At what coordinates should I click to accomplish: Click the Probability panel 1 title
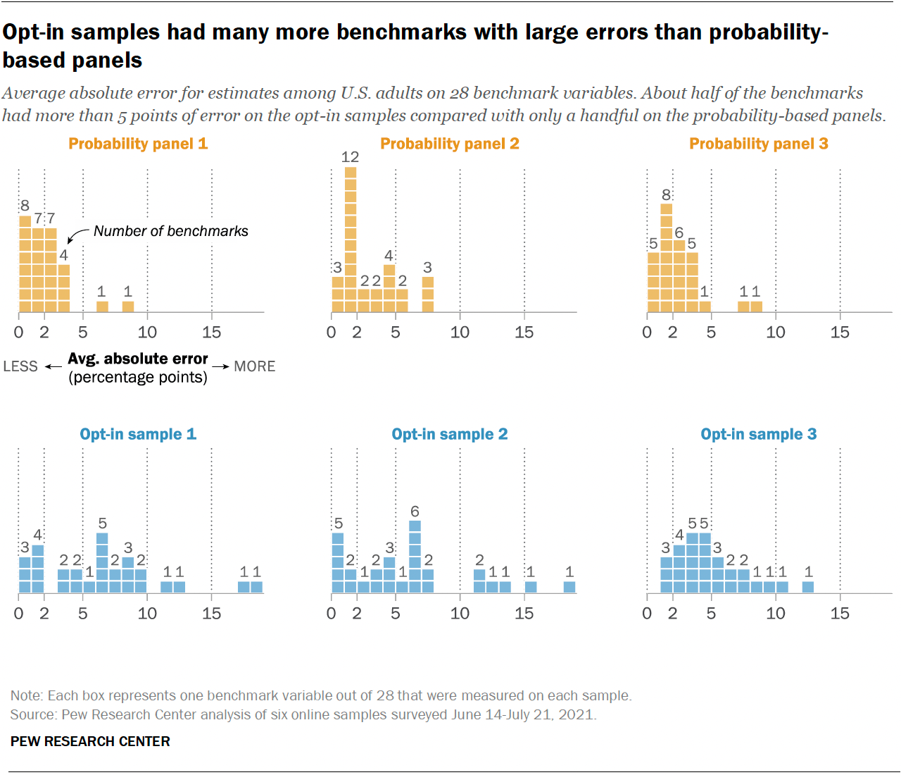coord(138,144)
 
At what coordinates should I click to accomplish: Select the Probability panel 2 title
coord(450,144)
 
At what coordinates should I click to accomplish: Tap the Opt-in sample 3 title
coord(758,434)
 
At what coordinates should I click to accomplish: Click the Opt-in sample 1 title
coord(138,434)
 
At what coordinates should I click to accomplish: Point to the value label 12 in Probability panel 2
coord(350,157)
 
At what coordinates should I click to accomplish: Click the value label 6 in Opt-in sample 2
coord(415,512)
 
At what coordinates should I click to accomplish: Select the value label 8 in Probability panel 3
coord(666,194)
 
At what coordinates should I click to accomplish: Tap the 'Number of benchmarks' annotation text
coord(171,231)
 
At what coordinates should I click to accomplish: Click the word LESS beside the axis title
coord(20,366)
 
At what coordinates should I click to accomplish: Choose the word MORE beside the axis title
coord(254,366)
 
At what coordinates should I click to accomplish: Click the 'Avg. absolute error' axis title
coord(138,359)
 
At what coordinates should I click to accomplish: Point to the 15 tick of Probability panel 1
coord(211,333)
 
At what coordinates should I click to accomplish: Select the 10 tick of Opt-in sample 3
coord(775,614)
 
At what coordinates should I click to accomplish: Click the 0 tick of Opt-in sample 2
coord(332,614)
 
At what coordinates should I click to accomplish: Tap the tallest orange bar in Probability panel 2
coord(351,240)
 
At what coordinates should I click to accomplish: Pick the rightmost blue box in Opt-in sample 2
coord(569,586)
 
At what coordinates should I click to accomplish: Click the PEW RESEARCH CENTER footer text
coord(90,741)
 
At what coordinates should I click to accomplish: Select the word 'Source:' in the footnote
coord(34,714)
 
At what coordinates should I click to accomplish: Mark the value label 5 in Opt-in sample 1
coord(102,523)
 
